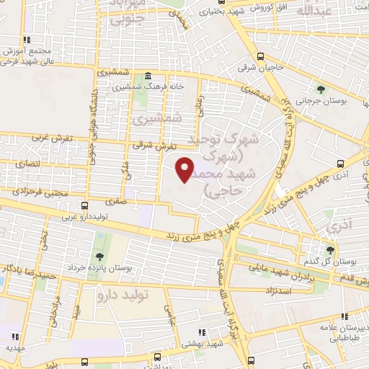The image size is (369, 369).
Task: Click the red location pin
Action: pyautogui.click(x=185, y=169)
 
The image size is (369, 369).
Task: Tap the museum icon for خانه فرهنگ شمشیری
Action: pyautogui.click(x=148, y=76)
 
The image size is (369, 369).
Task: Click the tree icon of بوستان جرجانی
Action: pyautogui.click(x=321, y=90)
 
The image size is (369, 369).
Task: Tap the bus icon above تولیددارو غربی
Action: pyautogui.click(x=85, y=205)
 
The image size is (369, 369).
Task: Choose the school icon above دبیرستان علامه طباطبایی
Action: pyautogui.click(x=346, y=316)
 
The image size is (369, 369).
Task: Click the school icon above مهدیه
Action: pyautogui.click(x=14, y=336)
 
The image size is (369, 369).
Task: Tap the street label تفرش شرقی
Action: pyautogui.click(x=149, y=145)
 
